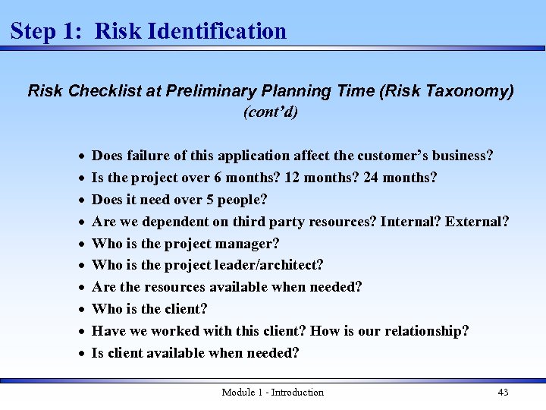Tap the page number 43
click(x=503, y=392)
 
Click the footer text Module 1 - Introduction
click(x=272, y=392)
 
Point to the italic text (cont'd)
click(x=271, y=112)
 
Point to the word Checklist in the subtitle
click(x=102, y=91)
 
